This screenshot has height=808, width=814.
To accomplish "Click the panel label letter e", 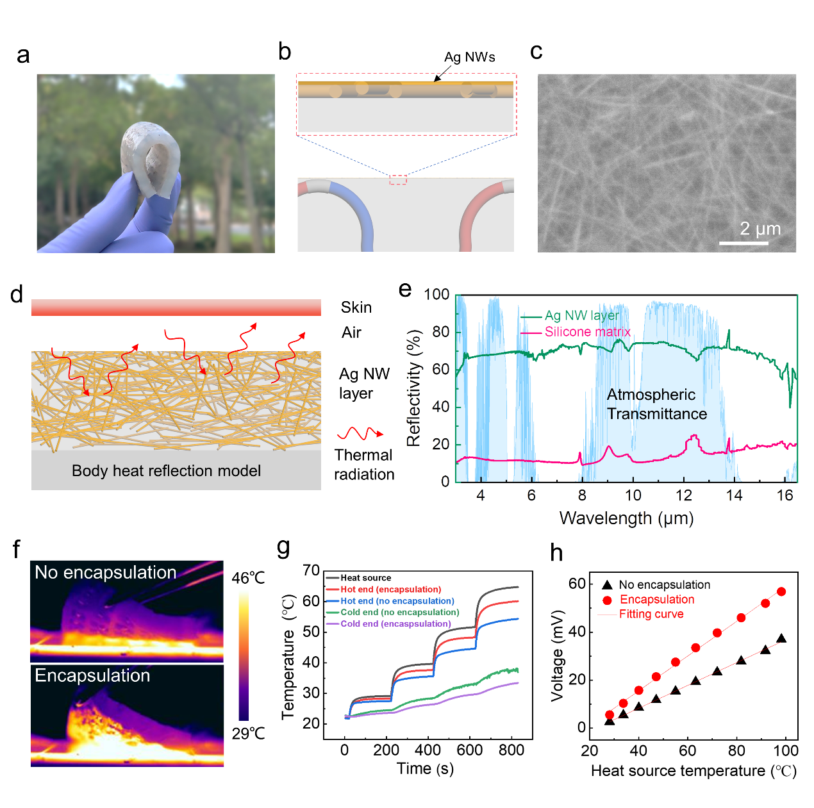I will [405, 290].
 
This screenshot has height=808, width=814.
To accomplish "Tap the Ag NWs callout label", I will [469, 57].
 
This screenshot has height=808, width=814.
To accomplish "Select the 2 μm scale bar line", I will [743, 243].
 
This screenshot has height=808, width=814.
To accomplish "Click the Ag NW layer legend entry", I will [581, 315].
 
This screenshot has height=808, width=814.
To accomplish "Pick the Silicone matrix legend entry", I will [587, 332].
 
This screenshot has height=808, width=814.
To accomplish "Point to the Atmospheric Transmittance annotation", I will [656, 404].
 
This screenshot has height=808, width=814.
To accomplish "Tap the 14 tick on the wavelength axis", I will [735, 495].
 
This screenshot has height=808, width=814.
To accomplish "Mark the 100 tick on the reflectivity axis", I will [436, 295].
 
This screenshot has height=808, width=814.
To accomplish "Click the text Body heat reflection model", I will [166, 471].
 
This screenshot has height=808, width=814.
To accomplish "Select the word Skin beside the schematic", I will [356, 308].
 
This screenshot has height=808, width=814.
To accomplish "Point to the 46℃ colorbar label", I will [248, 578].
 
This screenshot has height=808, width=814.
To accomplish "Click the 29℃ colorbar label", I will [248, 734].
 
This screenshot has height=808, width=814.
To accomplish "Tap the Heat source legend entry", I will [365, 578].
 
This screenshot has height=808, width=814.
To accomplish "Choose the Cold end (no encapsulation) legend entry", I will [399, 613].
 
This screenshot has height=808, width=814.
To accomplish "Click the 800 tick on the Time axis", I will [511, 750].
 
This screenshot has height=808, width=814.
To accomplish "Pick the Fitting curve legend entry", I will [651, 614].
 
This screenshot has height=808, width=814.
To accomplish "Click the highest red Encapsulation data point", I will [781, 591].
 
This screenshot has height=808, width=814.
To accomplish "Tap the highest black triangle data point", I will [781, 639].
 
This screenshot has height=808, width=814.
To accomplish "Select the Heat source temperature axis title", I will [693, 771].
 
